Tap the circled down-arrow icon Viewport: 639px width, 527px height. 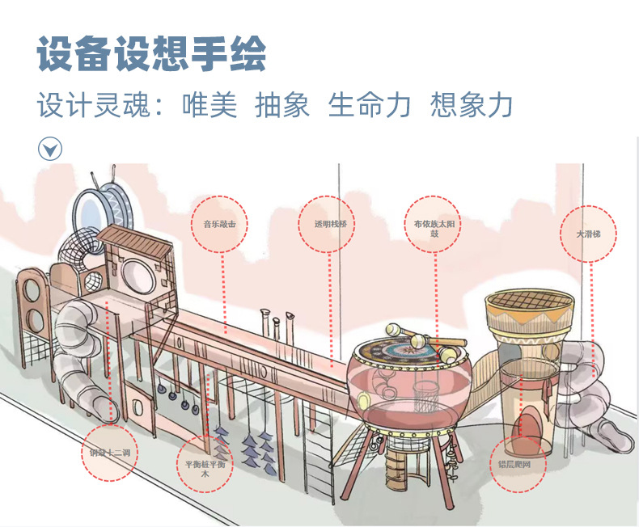50,149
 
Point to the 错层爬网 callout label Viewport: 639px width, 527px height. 519,465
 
